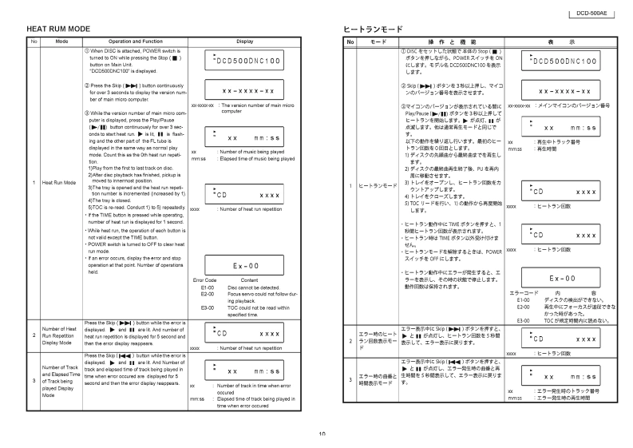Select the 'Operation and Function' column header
click(130, 40)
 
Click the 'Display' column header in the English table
click(245, 40)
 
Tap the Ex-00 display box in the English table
click(245, 266)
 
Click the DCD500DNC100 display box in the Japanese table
click(564, 61)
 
